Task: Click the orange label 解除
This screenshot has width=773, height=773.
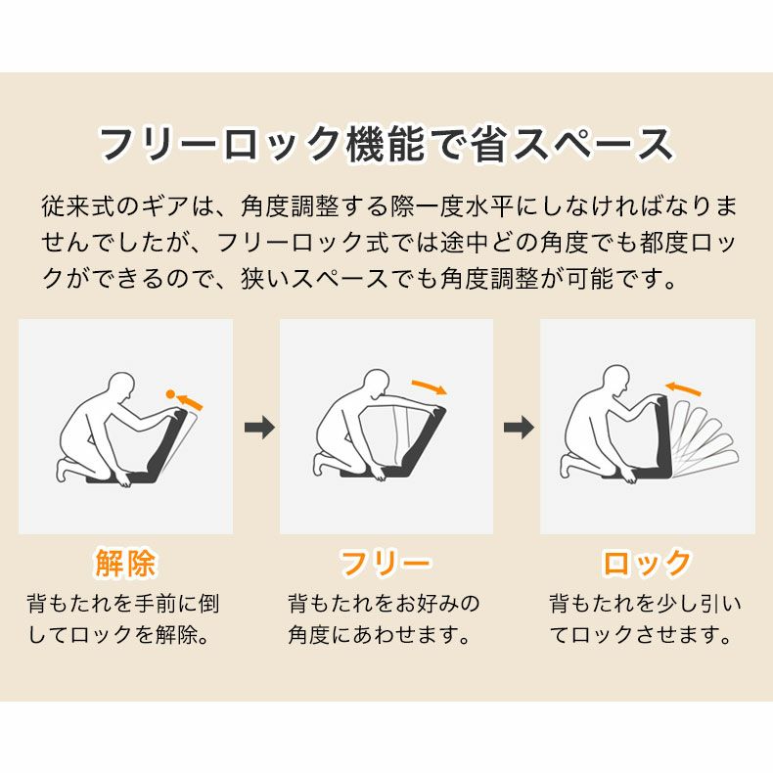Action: (125, 564)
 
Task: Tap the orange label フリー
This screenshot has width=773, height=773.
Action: (386, 564)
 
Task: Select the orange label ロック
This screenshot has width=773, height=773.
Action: (647, 564)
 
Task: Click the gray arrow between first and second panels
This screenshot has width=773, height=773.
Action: (258, 428)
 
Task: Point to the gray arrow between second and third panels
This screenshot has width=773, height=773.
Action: (519, 428)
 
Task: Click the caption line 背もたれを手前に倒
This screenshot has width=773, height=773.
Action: (123, 603)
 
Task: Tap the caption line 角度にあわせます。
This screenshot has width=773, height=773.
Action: (375, 635)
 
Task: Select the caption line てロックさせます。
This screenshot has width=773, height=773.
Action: (641, 635)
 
